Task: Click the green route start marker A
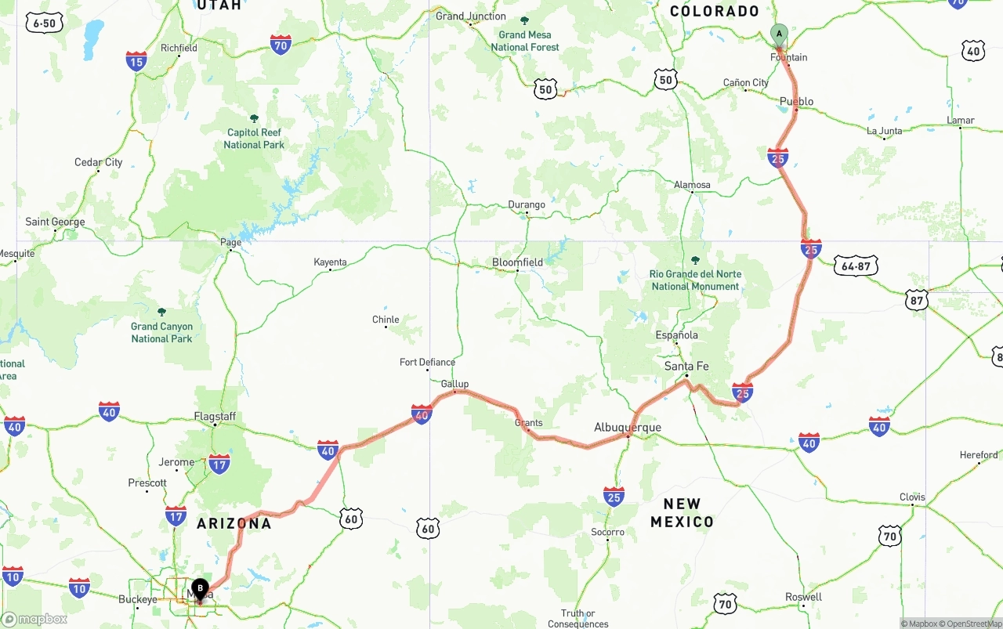click(778, 34)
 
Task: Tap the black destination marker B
click(200, 588)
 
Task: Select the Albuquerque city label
click(627, 428)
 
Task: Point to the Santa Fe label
click(686, 366)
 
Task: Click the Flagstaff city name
click(215, 417)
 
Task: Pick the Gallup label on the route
click(454, 384)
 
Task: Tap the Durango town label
click(526, 204)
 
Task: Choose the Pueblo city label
click(796, 102)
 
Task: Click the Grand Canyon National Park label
click(161, 332)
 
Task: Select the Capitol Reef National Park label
click(254, 139)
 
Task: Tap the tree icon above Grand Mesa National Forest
click(524, 21)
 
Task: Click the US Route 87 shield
click(916, 299)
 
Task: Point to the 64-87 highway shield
click(855, 266)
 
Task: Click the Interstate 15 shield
click(136, 61)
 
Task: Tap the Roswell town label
click(803, 597)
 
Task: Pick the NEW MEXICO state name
click(682, 513)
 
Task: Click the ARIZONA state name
click(234, 523)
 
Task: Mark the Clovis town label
click(912, 497)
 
